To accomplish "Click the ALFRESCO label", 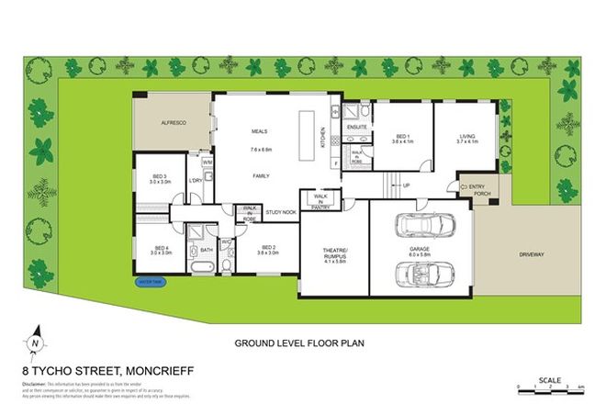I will coord(174,121).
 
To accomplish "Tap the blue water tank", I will coord(150,283).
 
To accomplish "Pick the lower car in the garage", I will coord(421,273).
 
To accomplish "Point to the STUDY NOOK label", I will coord(280,213).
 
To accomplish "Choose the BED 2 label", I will coord(268,247).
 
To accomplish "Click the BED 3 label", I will coord(161,178).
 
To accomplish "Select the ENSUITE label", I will coord(357,126).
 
